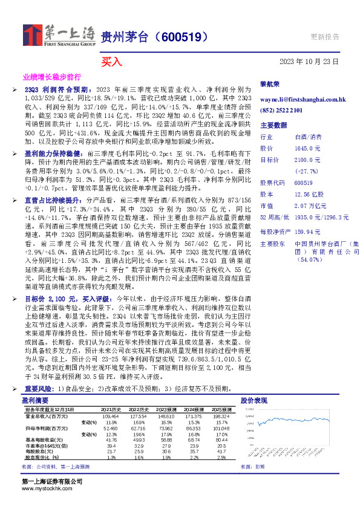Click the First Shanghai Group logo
tap(59, 35)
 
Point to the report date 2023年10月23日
tap(309, 61)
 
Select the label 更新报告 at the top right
tap(324, 36)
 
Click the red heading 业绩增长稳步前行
tap(51, 78)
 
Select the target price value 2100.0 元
tap(307, 160)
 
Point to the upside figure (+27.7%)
tap(306, 170)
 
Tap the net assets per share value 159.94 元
tap(307, 231)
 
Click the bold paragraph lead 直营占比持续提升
tap(53, 199)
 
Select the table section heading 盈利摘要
tap(34, 400)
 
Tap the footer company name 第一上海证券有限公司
tap(52, 481)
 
